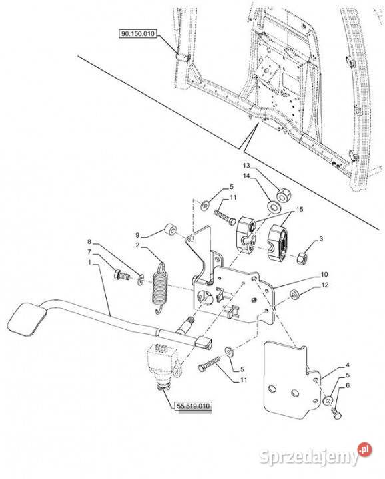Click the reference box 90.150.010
137,33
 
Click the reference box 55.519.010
193,406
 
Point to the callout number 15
299,210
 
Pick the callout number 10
324,274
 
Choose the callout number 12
325,285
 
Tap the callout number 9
137,235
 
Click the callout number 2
138,245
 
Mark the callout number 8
89,241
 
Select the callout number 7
89,252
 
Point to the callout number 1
89,262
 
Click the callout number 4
348,365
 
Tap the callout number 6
348,385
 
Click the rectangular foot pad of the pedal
26,318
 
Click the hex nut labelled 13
284,194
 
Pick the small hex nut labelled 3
302,258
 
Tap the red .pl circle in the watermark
364,450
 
